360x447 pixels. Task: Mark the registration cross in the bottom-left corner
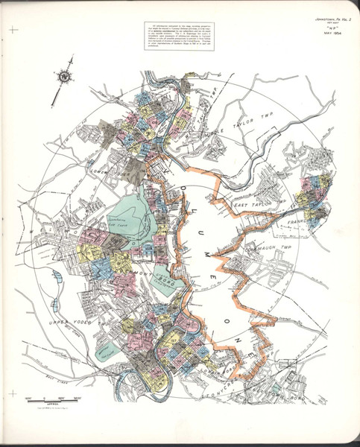13,393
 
